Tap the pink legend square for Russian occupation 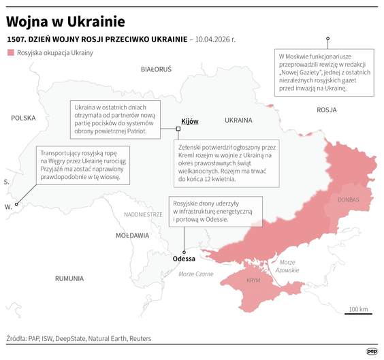click(10, 52)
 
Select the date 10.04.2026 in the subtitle click(215, 39)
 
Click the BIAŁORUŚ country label click(156, 69)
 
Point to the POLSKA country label click(22, 118)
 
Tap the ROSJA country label click(327, 109)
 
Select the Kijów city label click(189, 121)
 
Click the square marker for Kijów click(178, 127)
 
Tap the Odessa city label click(184, 259)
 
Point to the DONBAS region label click(351, 200)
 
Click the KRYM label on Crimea click(253, 280)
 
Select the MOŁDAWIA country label click(132, 235)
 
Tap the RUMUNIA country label click(69, 278)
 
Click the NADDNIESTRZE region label click(143, 214)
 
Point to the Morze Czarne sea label click(195, 274)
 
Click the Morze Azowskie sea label click(288, 266)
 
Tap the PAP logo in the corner click(372, 350)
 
